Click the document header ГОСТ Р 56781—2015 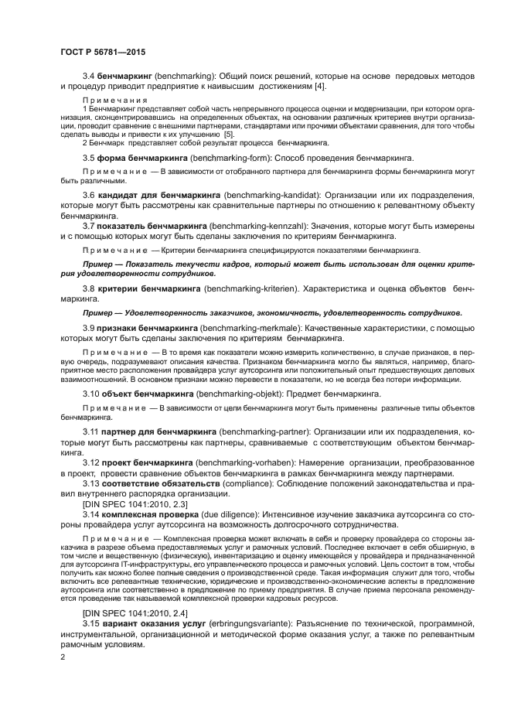[x=104, y=52]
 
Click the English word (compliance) [x=243, y=484]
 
